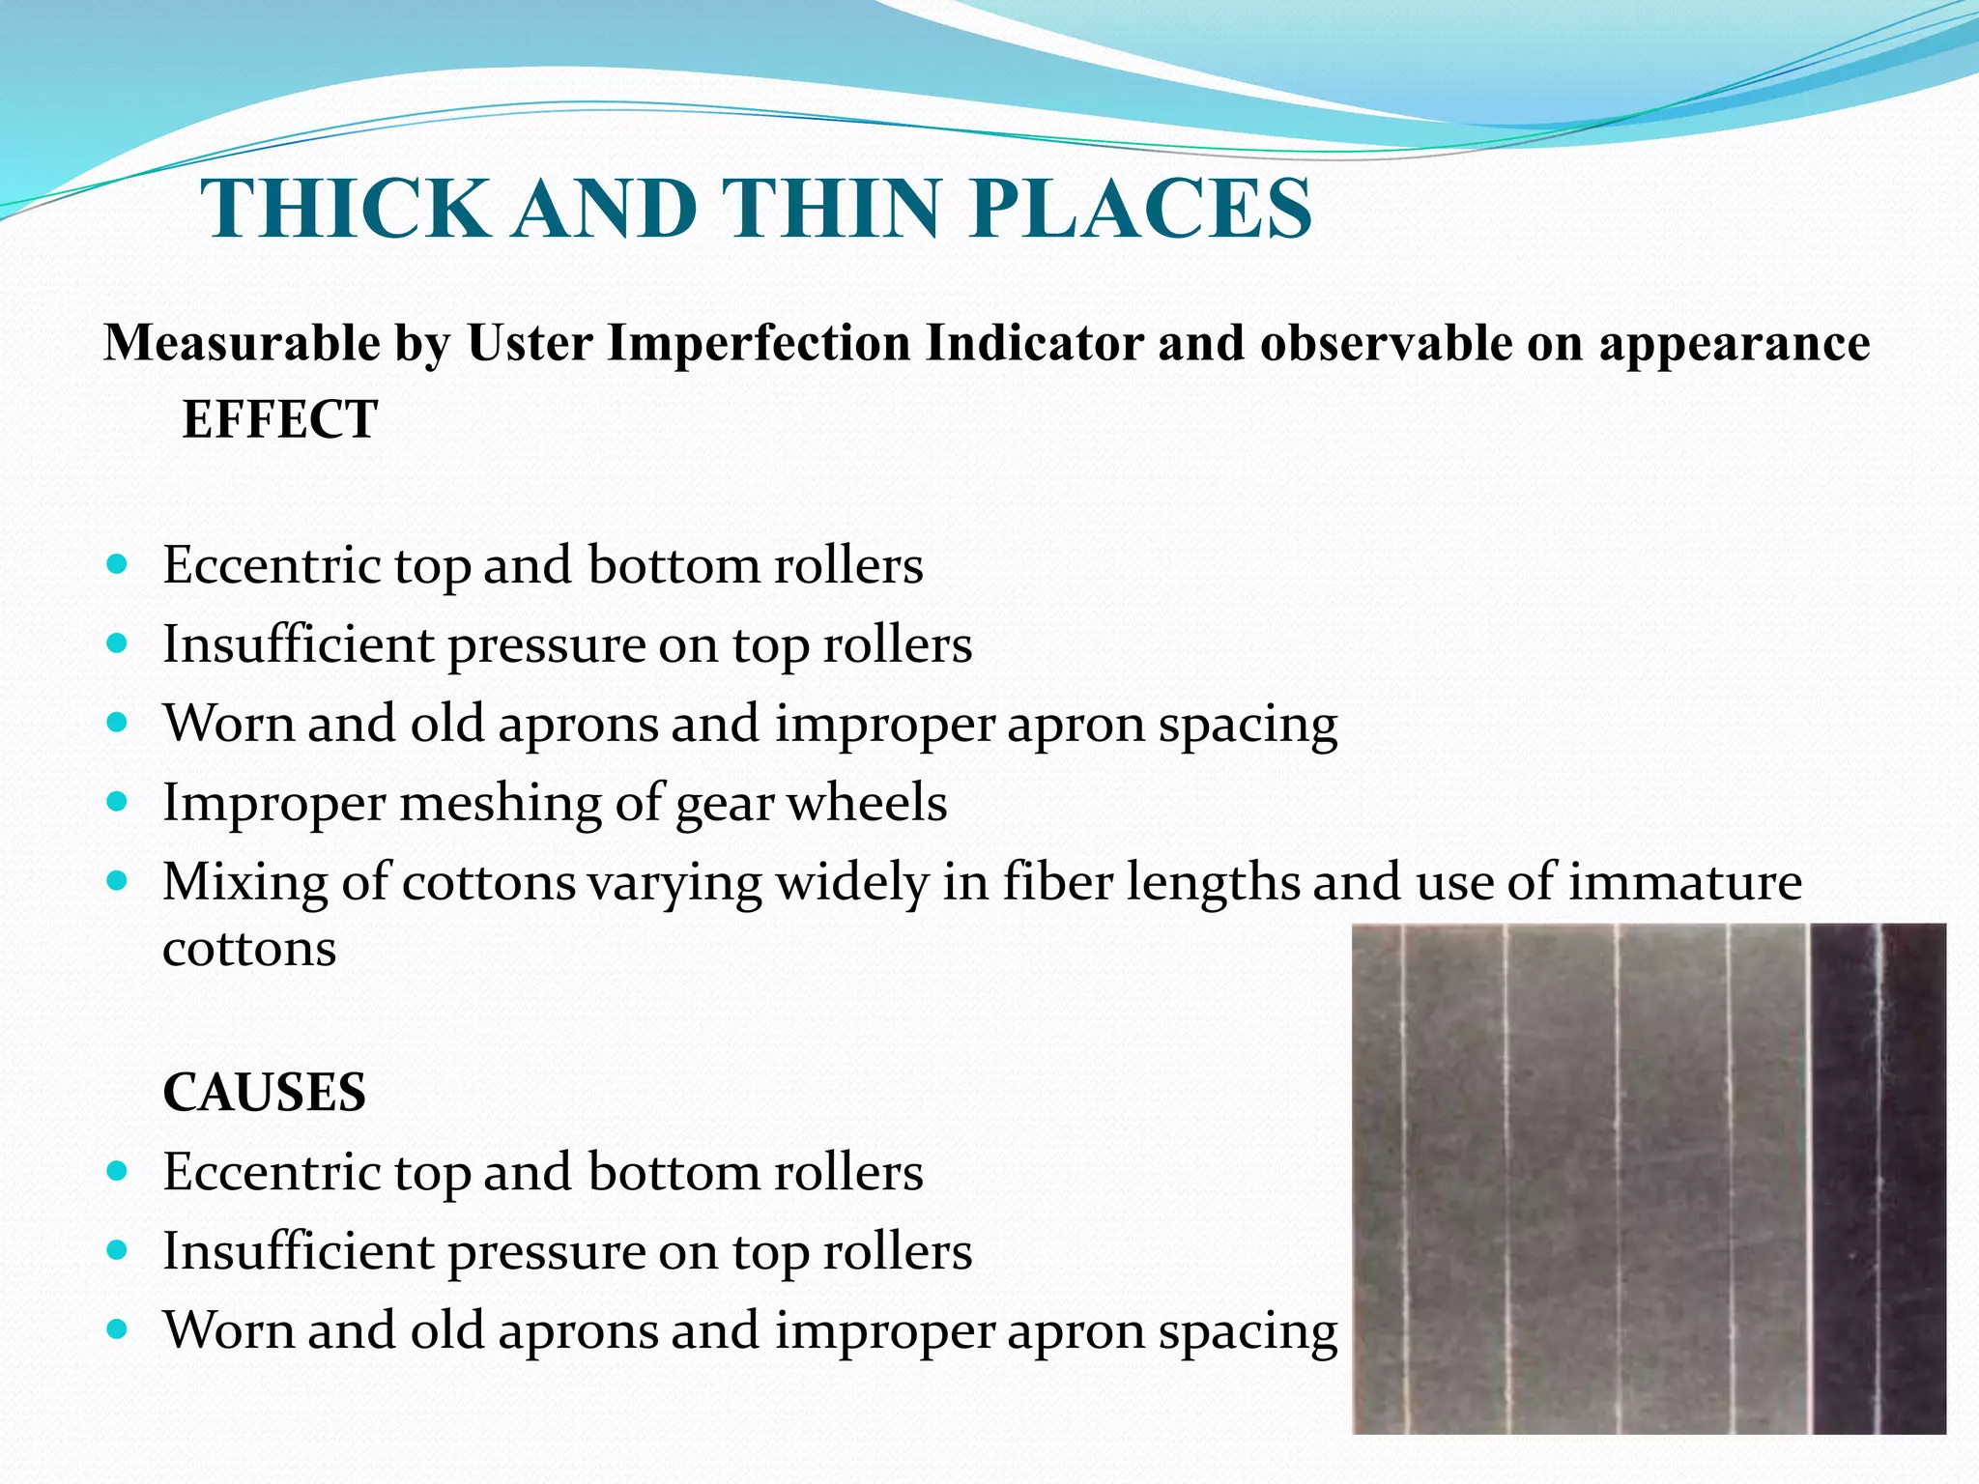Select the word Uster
(529, 343)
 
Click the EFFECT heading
(280, 420)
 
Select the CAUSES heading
(265, 1093)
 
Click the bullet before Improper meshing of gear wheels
(118, 802)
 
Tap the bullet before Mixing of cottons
(118, 881)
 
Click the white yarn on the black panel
(1879, 1179)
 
